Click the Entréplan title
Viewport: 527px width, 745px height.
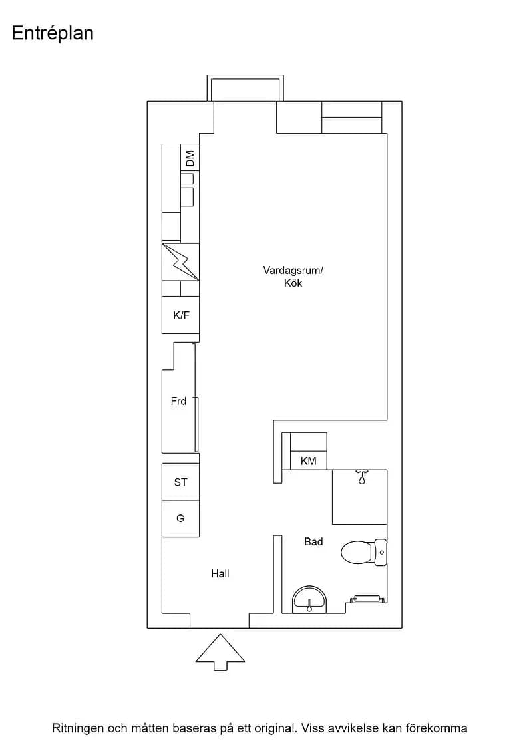point(53,34)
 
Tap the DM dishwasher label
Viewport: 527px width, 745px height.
point(190,158)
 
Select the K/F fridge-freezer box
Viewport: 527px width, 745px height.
point(180,315)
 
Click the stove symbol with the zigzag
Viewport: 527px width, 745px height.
point(180,262)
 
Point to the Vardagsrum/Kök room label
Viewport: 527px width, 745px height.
point(293,277)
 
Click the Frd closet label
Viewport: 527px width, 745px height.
point(179,402)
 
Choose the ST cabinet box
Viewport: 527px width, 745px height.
point(180,482)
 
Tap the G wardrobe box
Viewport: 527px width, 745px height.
point(180,519)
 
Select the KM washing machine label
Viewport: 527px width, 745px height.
point(308,461)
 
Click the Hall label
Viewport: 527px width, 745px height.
point(220,574)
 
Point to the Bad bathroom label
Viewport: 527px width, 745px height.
point(313,541)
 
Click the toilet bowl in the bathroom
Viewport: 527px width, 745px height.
point(357,553)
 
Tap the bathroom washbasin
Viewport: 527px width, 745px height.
point(309,599)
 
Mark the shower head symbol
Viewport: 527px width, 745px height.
point(362,476)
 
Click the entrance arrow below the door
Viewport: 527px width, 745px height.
point(220,652)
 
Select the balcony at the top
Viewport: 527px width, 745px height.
point(246,88)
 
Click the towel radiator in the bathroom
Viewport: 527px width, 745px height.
point(367,599)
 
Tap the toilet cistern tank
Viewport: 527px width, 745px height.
point(381,553)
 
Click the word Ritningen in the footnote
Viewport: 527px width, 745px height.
point(77,728)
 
